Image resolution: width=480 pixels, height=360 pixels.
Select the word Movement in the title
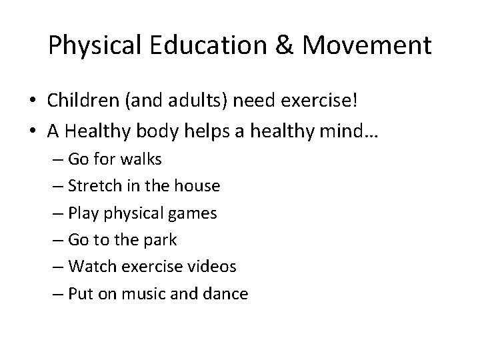366,45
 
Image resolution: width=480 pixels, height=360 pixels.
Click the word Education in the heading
215,45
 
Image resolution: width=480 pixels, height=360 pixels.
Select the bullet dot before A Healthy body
32,132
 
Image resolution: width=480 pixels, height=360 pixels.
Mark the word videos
213,267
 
